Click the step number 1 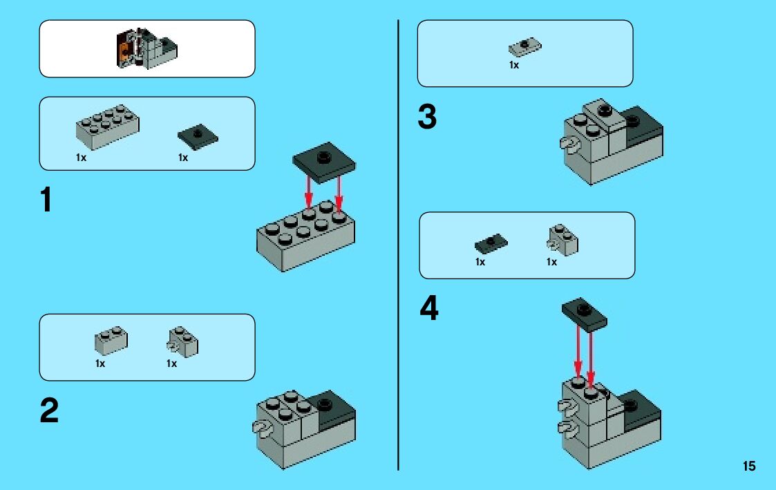tap(46, 200)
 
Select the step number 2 tap(49, 412)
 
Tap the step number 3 tap(427, 118)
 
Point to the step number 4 tap(429, 308)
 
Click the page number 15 tap(749, 467)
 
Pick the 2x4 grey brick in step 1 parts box tap(107, 126)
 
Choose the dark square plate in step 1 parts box tap(198, 135)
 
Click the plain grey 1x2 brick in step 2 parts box tap(111, 340)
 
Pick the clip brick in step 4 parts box tap(562, 240)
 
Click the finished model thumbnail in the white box tap(146, 48)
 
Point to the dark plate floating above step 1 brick tap(324, 161)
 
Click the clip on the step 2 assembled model tap(263, 429)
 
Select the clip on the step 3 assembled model tap(568, 144)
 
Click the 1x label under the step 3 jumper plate tap(514, 65)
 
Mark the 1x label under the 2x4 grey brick tap(82, 158)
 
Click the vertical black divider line tap(399, 242)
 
